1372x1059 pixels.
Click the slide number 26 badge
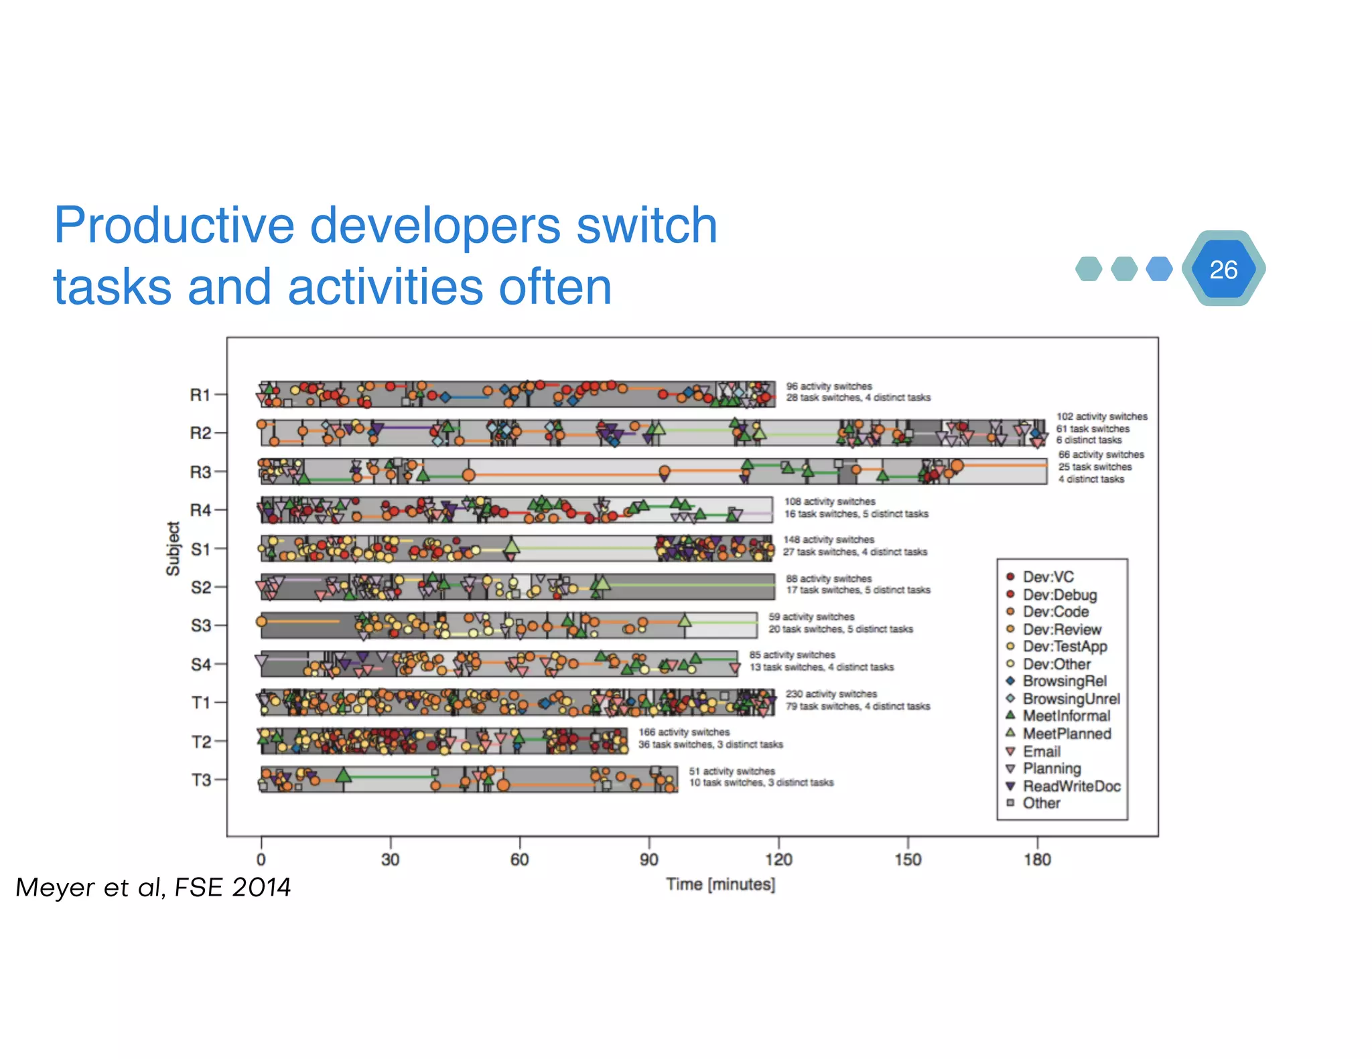coord(1223,269)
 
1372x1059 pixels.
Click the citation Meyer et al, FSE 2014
coord(153,887)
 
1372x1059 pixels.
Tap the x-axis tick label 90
coord(648,860)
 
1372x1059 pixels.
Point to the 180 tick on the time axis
coord(1037,860)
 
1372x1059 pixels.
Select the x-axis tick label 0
coord(261,860)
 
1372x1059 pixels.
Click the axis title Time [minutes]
coord(720,884)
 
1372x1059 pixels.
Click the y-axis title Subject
coord(174,548)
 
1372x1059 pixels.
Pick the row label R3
coord(200,472)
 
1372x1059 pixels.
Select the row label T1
coord(201,703)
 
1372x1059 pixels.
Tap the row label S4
coord(200,664)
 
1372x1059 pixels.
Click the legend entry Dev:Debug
coord(1059,594)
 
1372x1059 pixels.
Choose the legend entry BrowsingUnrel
coord(1071,699)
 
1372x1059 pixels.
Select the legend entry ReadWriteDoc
coord(1071,786)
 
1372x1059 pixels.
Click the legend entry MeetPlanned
coord(1067,734)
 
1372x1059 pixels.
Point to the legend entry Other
coord(1041,803)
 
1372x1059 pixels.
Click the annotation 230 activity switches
coord(831,694)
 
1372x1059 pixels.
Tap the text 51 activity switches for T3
coord(732,771)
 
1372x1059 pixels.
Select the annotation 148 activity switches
coord(828,540)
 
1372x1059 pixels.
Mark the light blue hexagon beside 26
coord(1159,269)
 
